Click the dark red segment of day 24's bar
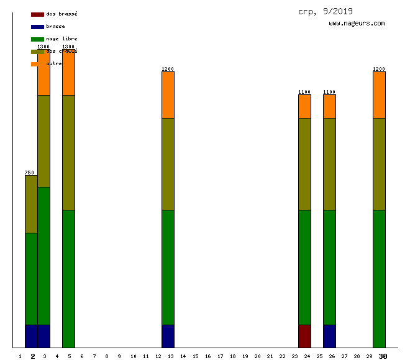click(x=304, y=336)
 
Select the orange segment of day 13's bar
click(x=168, y=95)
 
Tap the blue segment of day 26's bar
click(x=329, y=336)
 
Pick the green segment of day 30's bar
click(x=379, y=279)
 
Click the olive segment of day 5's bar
click(x=68, y=152)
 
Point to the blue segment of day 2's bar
click(x=31, y=336)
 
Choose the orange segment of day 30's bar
click(x=379, y=95)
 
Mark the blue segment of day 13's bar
click(x=168, y=336)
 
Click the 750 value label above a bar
click(x=29, y=173)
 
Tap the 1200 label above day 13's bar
click(x=168, y=69)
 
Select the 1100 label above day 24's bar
click(x=304, y=92)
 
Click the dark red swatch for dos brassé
click(x=37, y=14)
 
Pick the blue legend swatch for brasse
click(x=37, y=27)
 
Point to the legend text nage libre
click(x=61, y=38)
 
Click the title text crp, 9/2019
click(x=325, y=11)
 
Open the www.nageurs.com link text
click(x=357, y=24)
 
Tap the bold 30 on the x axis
click(x=383, y=356)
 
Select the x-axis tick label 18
click(x=232, y=356)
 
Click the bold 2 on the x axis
click(x=33, y=356)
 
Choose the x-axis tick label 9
click(x=119, y=356)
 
